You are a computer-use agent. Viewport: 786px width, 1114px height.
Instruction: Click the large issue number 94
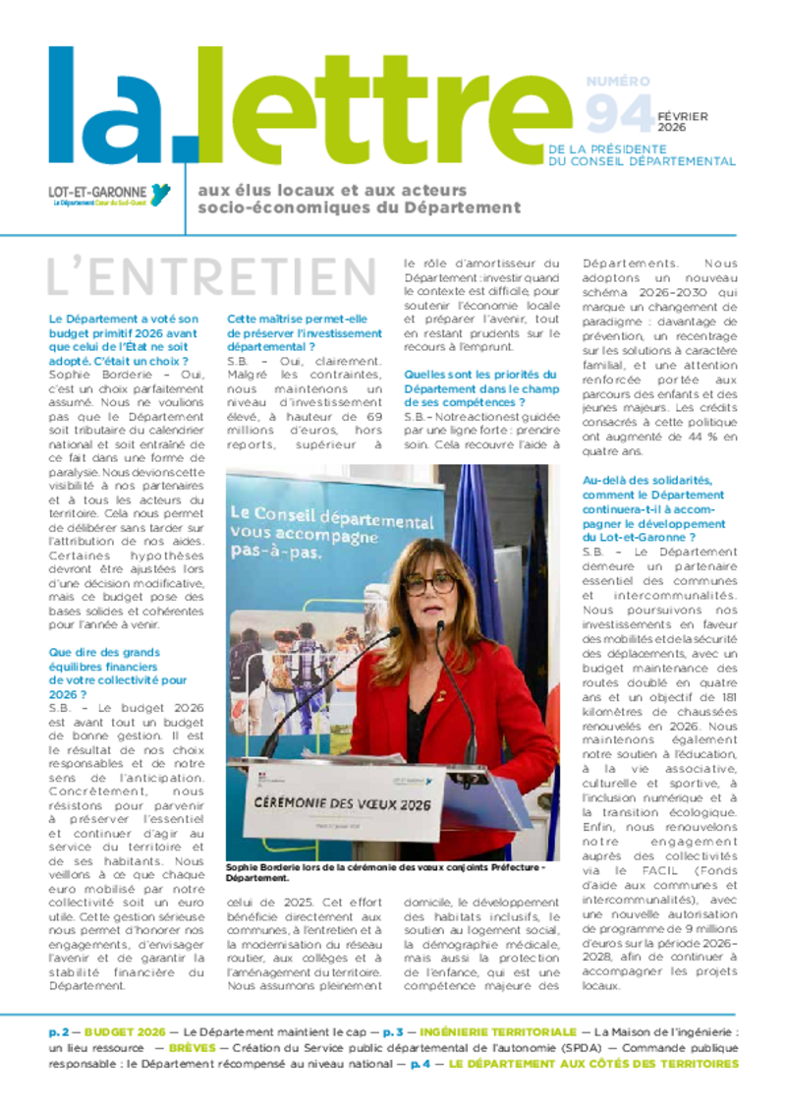click(619, 116)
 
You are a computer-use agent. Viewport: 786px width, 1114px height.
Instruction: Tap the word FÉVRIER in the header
click(683, 116)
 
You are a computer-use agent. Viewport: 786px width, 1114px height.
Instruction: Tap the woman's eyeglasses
click(429, 584)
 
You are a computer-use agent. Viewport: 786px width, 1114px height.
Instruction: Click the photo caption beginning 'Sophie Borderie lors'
click(383, 873)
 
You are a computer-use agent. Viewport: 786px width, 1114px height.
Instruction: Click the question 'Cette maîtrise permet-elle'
click(305, 332)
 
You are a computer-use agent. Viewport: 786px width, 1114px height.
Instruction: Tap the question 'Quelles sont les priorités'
click(481, 387)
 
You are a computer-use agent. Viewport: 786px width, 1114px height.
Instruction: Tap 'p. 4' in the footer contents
click(421, 1063)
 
